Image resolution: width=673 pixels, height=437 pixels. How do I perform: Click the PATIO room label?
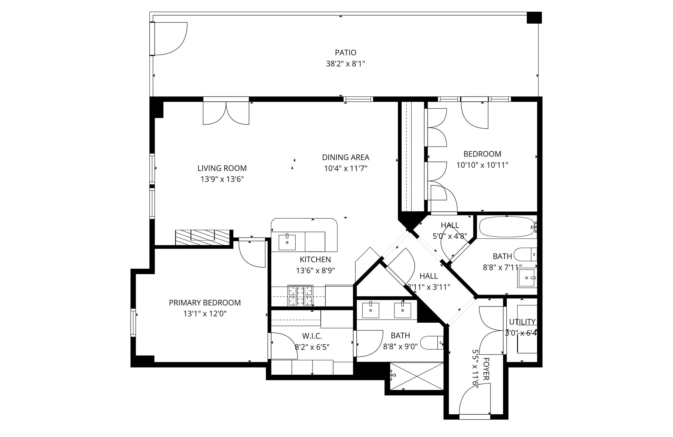pyautogui.click(x=345, y=52)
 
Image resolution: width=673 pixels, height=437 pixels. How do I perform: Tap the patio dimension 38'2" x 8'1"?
pyautogui.click(x=345, y=64)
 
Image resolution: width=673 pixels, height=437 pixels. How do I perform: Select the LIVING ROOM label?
pyautogui.click(x=222, y=168)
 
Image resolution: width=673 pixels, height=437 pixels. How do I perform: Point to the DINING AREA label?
pyautogui.click(x=346, y=157)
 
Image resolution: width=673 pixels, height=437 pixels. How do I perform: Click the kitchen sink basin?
pyautogui.click(x=287, y=242)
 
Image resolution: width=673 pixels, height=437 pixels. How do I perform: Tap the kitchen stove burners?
pyautogui.click(x=300, y=296)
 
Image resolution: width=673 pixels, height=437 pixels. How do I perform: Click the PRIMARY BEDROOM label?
pyautogui.click(x=205, y=303)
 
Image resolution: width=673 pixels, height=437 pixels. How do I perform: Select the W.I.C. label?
pyautogui.click(x=312, y=336)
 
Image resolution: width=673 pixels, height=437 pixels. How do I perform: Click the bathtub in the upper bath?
pyautogui.click(x=506, y=227)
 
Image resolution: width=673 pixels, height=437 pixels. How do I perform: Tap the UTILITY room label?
pyautogui.click(x=522, y=322)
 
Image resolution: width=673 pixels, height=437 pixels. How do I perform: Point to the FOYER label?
pyautogui.click(x=486, y=369)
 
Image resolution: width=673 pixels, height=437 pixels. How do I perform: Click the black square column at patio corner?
pyautogui.click(x=534, y=17)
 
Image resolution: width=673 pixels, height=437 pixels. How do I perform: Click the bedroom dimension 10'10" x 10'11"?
pyautogui.click(x=482, y=165)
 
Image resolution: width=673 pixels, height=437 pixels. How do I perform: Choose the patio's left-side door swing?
pyautogui.click(x=170, y=39)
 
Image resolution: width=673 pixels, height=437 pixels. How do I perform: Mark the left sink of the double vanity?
pyautogui.click(x=370, y=310)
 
